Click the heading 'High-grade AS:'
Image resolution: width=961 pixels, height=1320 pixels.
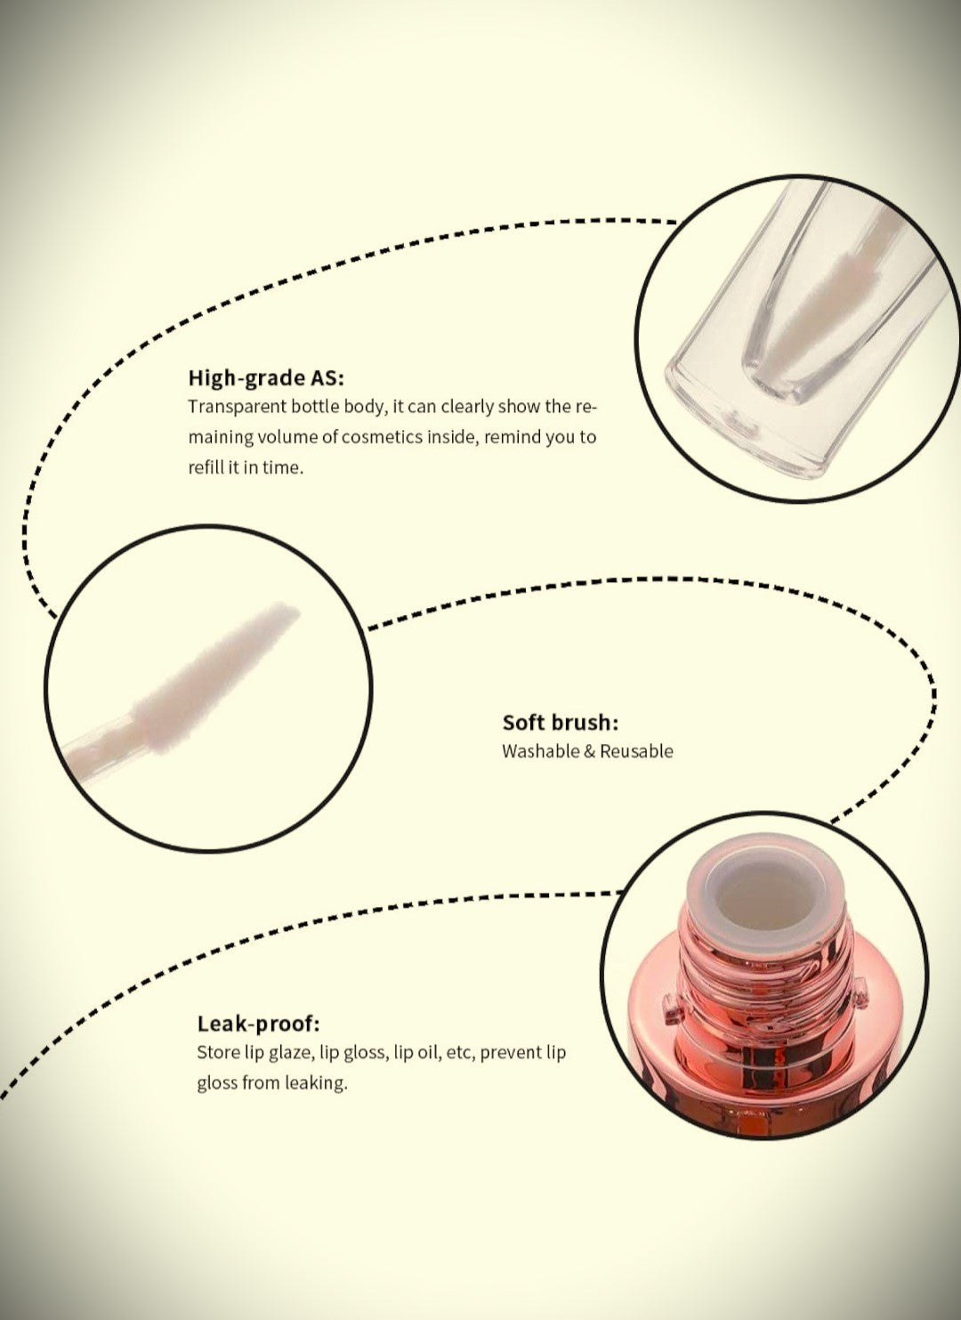(266, 378)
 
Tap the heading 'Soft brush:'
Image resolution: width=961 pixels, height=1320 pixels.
(561, 722)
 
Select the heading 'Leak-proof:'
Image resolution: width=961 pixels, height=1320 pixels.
(258, 1023)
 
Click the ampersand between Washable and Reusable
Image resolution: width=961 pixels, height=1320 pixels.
(589, 752)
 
